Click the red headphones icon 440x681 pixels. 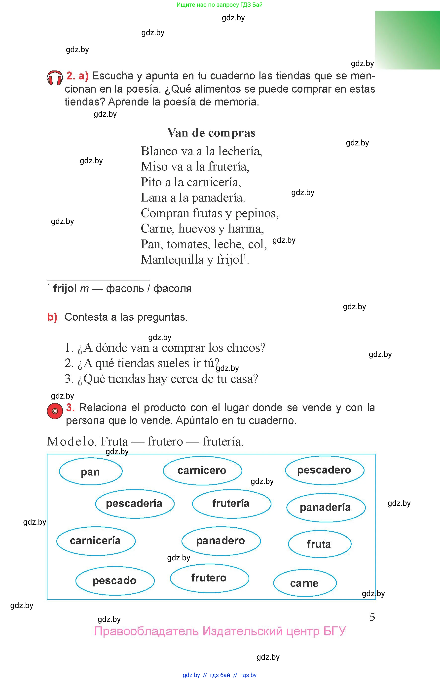(55, 78)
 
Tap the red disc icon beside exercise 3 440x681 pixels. (55, 411)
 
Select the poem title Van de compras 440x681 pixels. (211, 133)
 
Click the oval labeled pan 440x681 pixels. (91, 472)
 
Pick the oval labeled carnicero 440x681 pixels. (202, 470)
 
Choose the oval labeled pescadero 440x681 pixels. (324, 470)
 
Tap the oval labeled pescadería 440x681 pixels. (135, 503)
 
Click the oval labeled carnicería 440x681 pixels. (96, 541)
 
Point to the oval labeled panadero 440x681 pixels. (221, 541)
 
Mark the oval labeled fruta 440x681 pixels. (319, 544)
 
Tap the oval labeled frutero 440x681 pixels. (209, 578)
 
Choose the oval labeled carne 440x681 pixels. (305, 583)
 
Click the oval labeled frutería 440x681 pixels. (231, 503)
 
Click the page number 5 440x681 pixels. (372, 617)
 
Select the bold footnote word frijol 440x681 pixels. (65, 288)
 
